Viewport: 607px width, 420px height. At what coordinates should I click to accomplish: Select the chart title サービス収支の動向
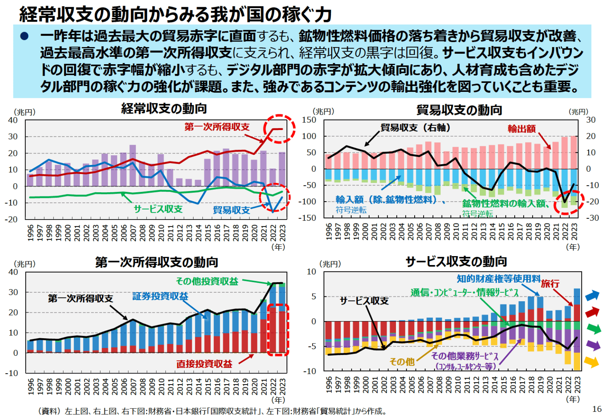456,262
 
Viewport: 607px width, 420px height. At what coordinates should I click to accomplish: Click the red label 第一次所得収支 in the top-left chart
217,127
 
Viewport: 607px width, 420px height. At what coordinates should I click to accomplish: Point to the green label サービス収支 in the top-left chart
158,209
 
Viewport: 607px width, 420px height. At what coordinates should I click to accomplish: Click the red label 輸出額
521,129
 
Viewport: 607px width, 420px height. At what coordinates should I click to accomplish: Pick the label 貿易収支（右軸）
415,128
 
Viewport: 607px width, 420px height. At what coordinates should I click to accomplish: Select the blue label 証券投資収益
160,296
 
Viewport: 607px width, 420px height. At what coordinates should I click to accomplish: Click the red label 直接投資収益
204,364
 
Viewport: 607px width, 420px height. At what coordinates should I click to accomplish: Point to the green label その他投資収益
207,281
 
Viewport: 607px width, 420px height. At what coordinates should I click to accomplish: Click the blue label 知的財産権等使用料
499,279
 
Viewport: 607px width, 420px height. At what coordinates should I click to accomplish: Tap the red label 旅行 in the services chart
550,284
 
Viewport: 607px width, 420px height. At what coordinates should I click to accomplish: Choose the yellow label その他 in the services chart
402,361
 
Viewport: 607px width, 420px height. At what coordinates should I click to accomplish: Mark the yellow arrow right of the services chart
592,361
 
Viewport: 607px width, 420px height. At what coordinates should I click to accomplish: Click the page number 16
597,409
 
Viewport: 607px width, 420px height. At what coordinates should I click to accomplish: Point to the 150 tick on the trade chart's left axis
309,120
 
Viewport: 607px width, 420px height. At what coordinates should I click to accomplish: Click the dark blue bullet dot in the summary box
24,36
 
